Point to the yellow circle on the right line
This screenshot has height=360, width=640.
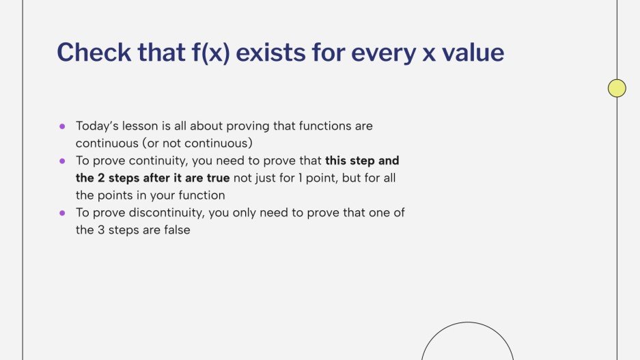pos(617,88)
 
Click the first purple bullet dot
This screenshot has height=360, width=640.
pos(62,126)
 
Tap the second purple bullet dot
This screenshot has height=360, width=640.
pos(62,161)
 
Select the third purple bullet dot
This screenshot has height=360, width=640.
pos(62,213)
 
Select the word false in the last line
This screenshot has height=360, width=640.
pos(175,230)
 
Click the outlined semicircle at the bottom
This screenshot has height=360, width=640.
pos(467,342)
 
